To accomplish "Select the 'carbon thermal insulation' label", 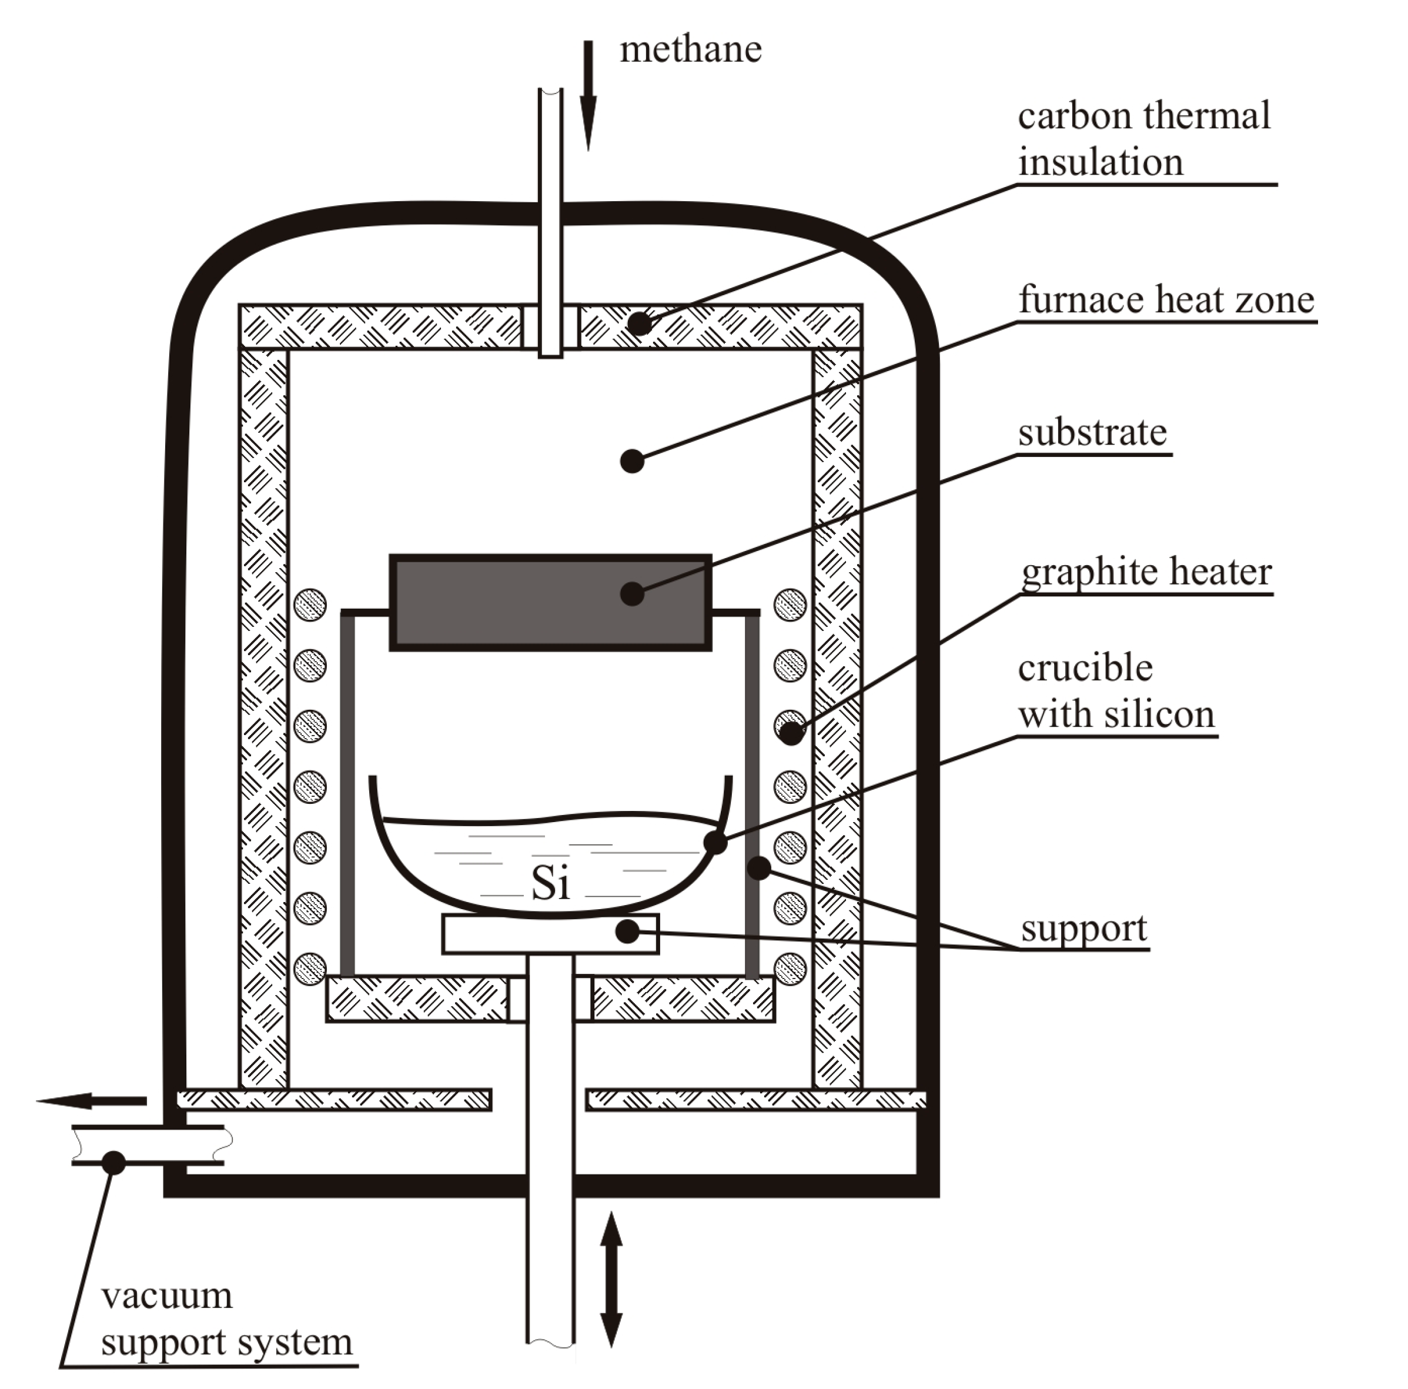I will (1143, 139).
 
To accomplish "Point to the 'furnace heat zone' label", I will (1165, 300).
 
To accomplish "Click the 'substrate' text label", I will (1092, 432).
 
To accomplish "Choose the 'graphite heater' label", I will (1146, 572).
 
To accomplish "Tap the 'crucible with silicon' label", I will (1116, 690).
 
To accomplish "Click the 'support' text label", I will (1083, 928).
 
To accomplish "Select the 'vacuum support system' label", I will (226, 1319).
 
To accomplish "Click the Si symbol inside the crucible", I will (550, 884).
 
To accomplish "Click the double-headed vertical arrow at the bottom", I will (611, 1279).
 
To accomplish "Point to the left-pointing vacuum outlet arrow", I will (92, 1101).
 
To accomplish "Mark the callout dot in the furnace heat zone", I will (632, 461).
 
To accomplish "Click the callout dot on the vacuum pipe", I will (113, 1161).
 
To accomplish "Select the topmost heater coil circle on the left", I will (310, 605).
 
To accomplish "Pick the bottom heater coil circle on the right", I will (790, 969).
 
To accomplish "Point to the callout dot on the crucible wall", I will (715, 843).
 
